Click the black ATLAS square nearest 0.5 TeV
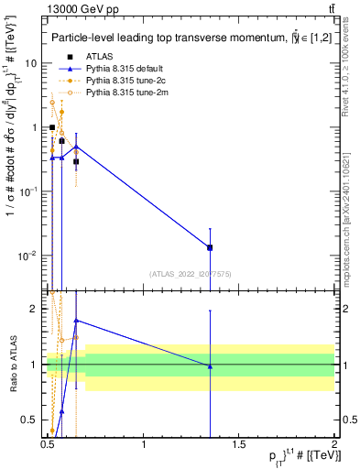coord(52,127)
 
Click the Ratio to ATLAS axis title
coord(12,365)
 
